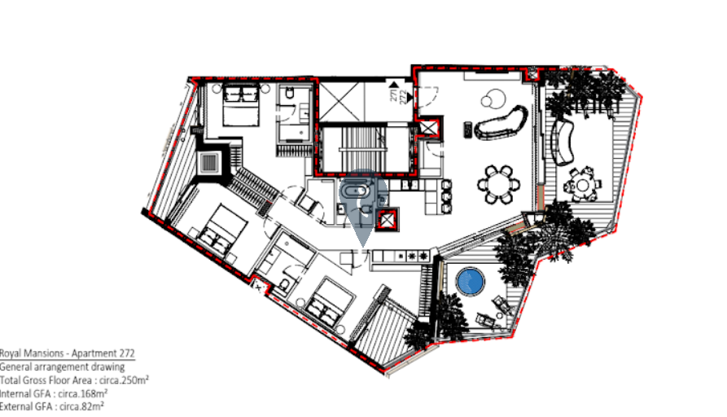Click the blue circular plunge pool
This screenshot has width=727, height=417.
pyautogui.click(x=470, y=281)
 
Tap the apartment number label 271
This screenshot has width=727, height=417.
pyautogui.click(x=394, y=96)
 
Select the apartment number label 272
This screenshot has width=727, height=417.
pyautogui.click(x=403, y=96)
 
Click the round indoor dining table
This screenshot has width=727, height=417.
pyautogui.click(x=498, y=184)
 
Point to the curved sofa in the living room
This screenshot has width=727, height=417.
pyautogui.click(x=501, y=122)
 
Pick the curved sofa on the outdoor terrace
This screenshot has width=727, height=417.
pyautogui.click(x=562, y=143)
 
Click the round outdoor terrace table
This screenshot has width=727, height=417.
pyautogui.click(x=582, y=186)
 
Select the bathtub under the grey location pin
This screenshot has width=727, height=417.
pyautogui.click(x=355, y=191)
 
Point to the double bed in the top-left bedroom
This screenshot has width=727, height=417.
pyautogui.click(x=241, y=105)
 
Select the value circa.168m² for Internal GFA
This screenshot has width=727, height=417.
pyautogui.click(x=82, y=393)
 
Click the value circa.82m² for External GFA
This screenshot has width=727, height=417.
pyautogui.click(x=81, y=406)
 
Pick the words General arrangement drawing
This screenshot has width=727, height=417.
pyautogui.click(x=62, y=367)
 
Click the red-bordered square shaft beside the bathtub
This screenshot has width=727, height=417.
pyautogui.click(x=387, y=221)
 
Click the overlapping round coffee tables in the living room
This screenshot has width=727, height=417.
pyautogui.click(x=493, y=98)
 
